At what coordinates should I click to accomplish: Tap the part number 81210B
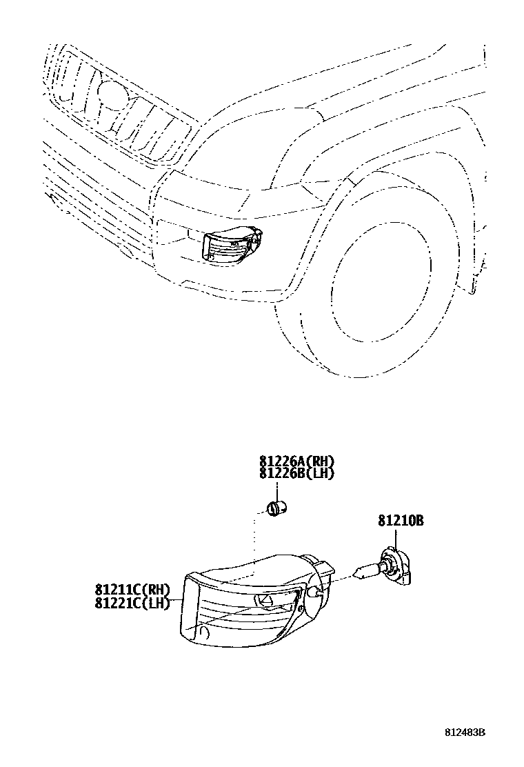pos(400,521)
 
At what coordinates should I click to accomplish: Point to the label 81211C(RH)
pos(132,590)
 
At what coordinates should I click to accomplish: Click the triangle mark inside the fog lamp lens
pos(265,600)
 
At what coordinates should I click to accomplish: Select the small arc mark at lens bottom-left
pos(203,631)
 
